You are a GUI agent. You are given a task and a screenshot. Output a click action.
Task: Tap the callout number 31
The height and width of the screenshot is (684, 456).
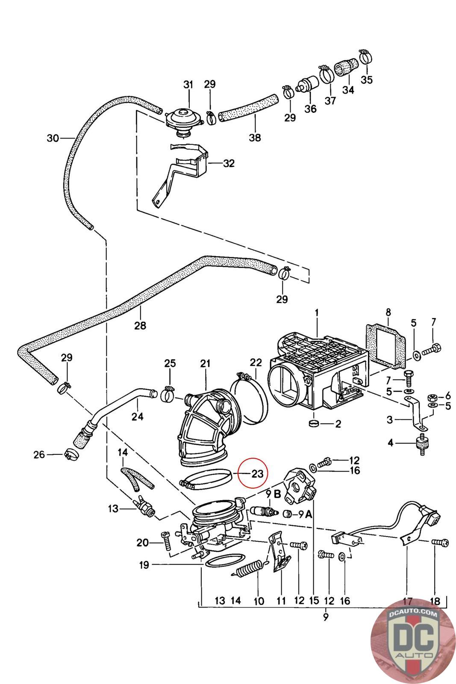(188, 85)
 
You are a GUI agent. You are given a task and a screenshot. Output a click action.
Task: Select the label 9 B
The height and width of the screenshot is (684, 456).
(273, 494)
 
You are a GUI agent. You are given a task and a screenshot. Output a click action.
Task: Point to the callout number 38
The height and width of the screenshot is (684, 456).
(255, 137)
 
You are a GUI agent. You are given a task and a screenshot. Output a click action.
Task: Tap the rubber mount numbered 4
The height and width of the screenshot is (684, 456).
(422, 444)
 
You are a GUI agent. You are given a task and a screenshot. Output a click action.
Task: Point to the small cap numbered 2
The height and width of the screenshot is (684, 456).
(315, 424)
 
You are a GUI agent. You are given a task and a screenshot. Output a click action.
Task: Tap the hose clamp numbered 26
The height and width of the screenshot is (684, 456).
(72, 455)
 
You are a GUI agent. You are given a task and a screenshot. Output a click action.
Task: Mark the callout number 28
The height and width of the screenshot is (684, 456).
(141, 325)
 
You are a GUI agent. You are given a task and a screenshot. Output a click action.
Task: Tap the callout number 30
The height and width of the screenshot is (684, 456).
(53, 139)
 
